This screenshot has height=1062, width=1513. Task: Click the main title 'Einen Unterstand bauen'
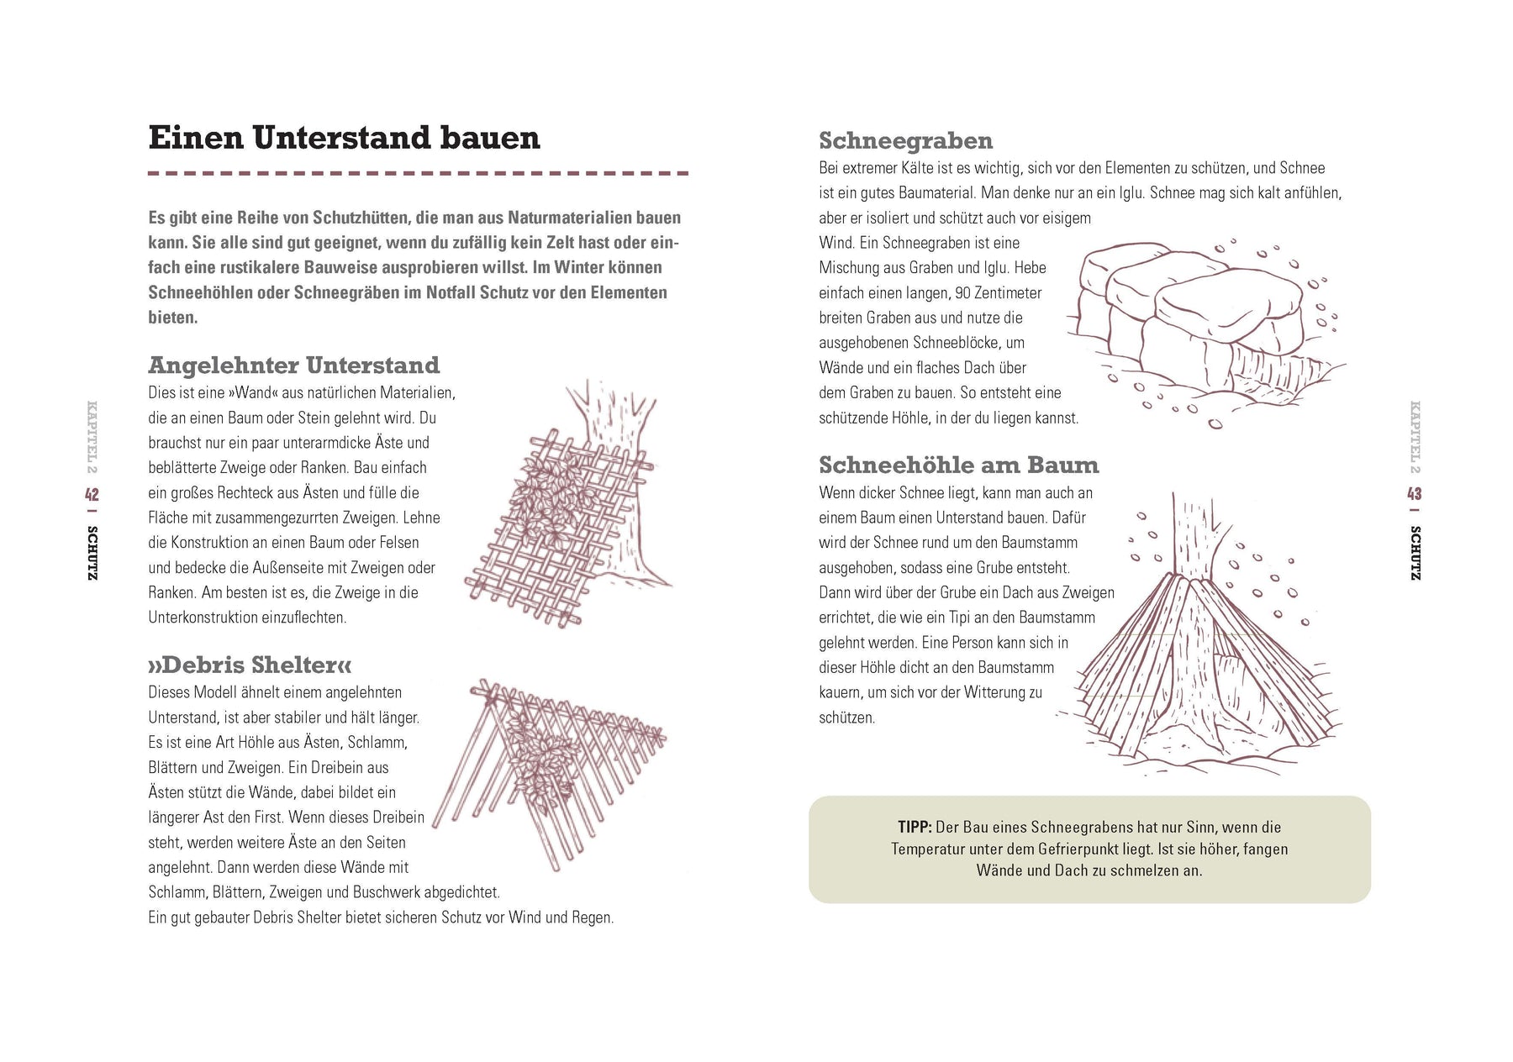point(344,138)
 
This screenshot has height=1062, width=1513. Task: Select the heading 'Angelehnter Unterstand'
point(294,365)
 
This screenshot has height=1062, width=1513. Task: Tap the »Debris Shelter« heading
point(250,665)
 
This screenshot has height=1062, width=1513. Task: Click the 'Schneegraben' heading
point(905,140)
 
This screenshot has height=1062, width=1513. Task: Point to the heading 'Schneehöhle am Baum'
point(958,465)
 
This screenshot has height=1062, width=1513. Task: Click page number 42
point(92,494)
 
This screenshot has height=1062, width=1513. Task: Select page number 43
point(1415,493)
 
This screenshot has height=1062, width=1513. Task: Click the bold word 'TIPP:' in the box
point(914,828)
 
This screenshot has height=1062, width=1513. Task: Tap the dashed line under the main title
point(418,173)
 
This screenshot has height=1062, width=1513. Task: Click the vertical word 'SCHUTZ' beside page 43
point(1415,553)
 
